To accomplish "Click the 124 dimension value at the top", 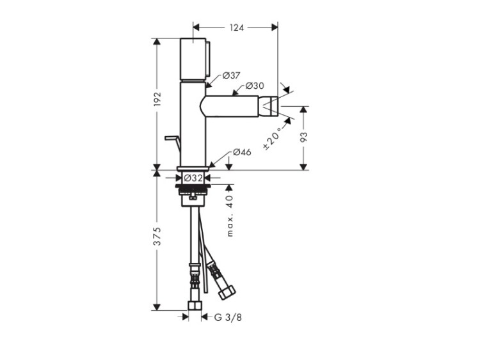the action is [237, 27].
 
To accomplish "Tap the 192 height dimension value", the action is [157, 99].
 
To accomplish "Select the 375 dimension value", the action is [157, 236].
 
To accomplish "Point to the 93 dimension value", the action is [303, 137].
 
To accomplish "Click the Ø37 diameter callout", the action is [232, 75].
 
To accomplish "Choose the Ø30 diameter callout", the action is [255, 86].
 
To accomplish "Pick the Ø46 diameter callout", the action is [242, 152].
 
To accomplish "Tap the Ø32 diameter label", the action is [193, 178].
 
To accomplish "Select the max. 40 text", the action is [230, 215].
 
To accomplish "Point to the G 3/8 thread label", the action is [228, 318].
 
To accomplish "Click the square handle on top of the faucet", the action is [193, 59].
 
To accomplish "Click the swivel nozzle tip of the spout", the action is [268, 106].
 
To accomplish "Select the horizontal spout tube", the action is [229, 106].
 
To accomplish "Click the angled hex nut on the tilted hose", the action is [227, 293].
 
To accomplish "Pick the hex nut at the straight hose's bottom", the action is [195, 306].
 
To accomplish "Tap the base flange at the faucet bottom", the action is [193, 168].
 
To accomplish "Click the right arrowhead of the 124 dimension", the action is [275, 27].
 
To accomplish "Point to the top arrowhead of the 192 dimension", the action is [157, 42].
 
